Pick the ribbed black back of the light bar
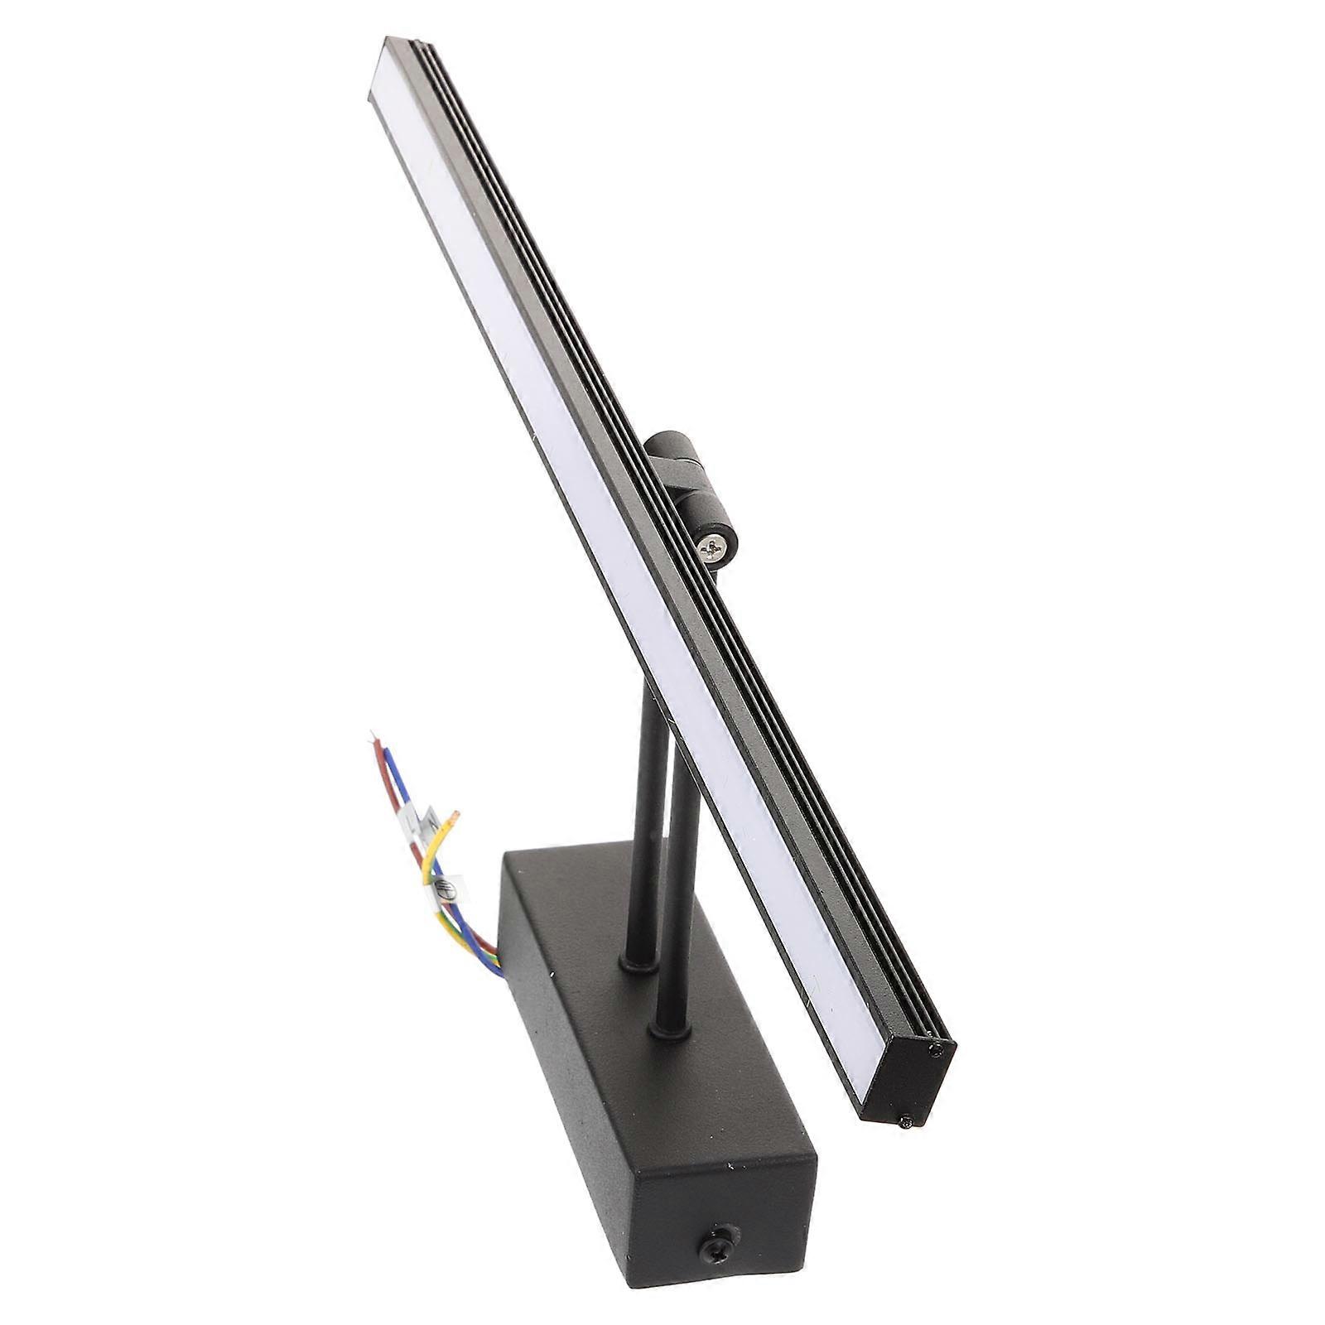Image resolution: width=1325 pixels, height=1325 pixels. click(662, 497)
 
